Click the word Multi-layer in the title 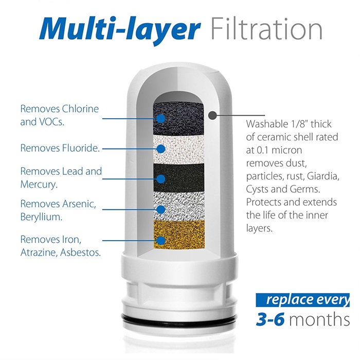coord(120,29)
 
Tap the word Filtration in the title coord(266,29)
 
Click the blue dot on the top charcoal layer coord(161,118)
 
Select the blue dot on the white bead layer coord(161,149)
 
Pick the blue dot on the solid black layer coord(161,179)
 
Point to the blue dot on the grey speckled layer coord(161,209)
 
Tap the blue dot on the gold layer coord(161,240)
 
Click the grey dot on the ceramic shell coord(212,115)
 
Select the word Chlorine coord(80,109)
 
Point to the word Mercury coord(39,185)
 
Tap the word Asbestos coord(80,253)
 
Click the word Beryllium coord(41,217)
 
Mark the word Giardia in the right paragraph coord(323,176)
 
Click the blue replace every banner coord(302,300)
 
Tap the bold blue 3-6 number coord(270,319)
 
